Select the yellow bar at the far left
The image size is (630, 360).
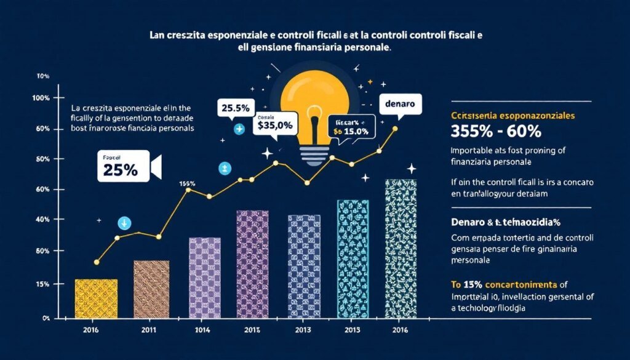95,298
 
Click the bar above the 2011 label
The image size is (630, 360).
151,289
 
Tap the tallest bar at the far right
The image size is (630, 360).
401,249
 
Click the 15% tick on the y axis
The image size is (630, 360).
41,284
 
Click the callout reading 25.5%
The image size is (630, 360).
234,108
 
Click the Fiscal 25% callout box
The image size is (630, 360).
123,166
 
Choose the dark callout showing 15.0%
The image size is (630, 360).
350,127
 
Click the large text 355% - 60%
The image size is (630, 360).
490,131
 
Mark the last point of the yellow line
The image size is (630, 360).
395,129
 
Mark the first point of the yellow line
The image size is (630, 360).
97,262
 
